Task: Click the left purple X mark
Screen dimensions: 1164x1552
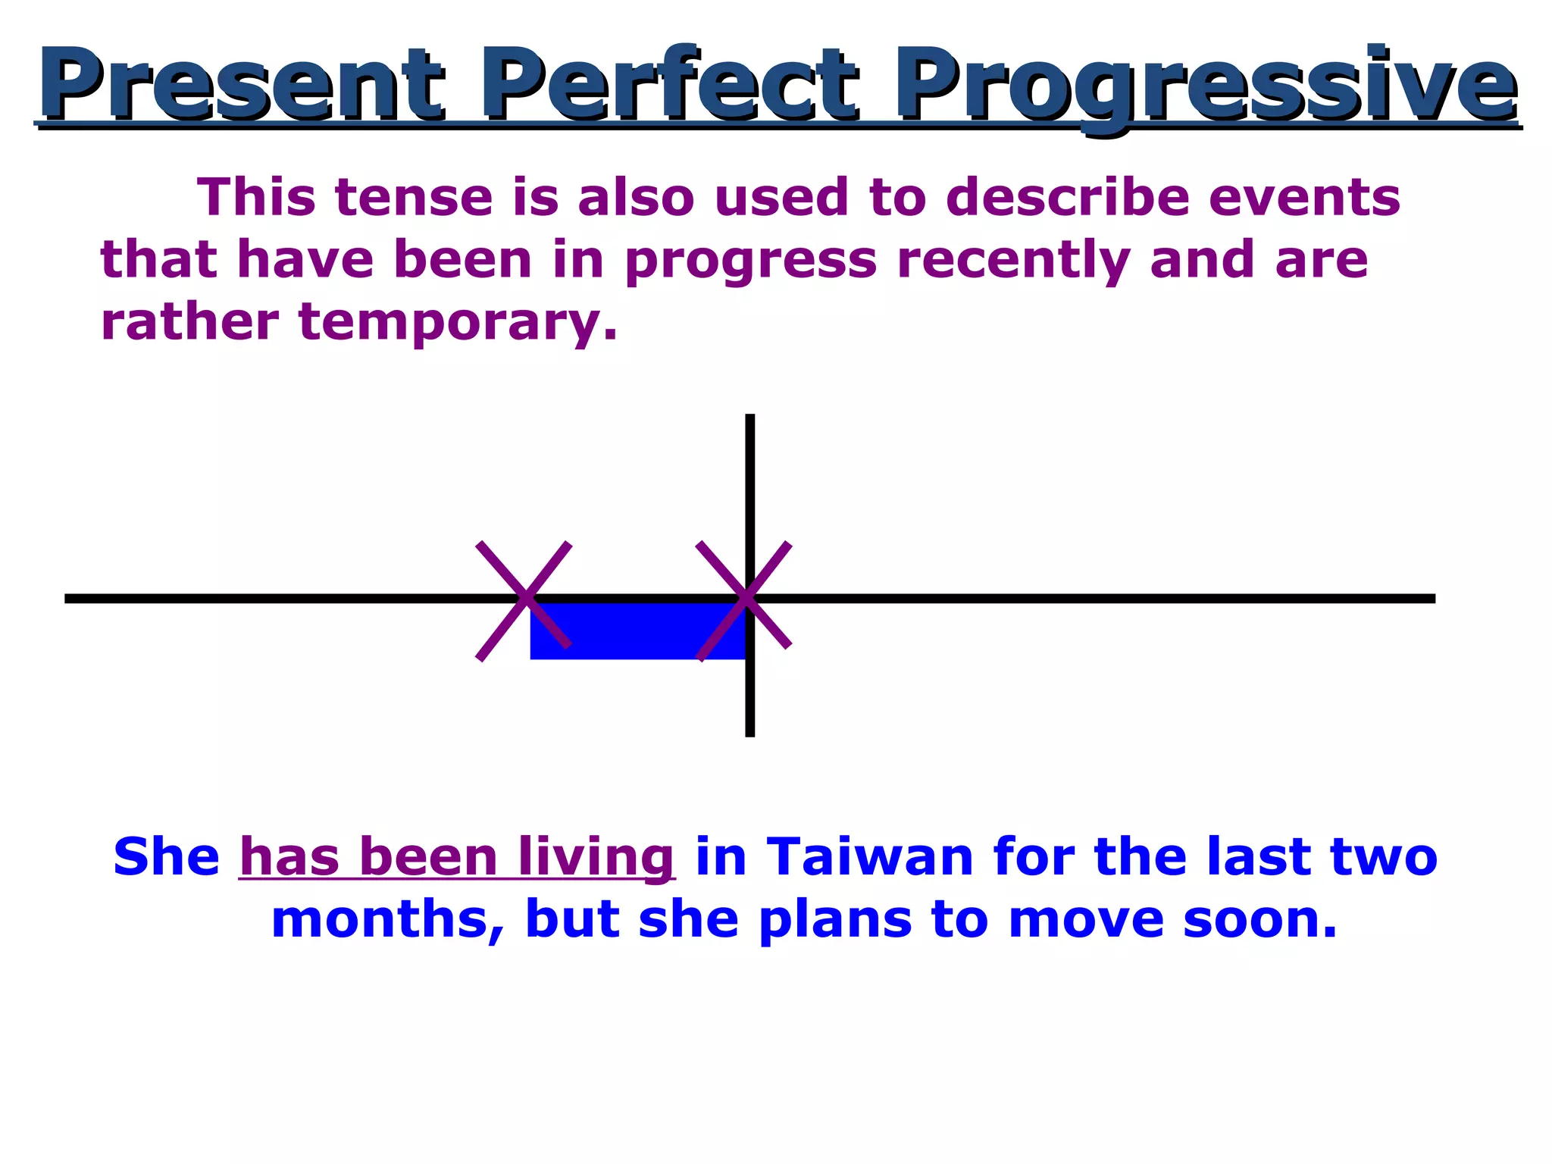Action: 524,600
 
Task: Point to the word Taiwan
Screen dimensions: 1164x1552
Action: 869,857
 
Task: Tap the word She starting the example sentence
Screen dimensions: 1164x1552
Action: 166,857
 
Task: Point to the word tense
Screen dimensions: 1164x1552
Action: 414,197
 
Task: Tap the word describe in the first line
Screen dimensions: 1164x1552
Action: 1067,197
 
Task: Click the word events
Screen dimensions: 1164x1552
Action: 1303,197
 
